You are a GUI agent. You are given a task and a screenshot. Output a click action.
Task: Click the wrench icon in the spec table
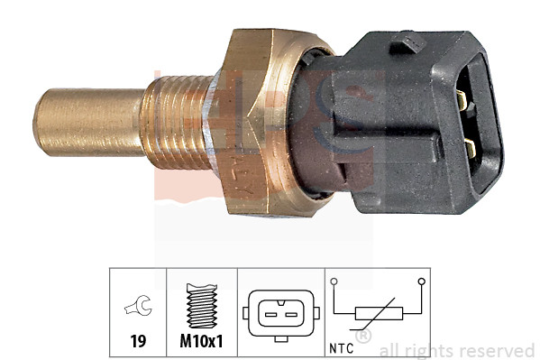[x=138, y=309]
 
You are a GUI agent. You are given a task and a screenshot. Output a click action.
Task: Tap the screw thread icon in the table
[x=201, y=308]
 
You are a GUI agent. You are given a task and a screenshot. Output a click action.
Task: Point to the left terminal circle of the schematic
[x=335, y=282]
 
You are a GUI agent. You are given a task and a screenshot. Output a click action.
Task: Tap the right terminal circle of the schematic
[x=421, y=282]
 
